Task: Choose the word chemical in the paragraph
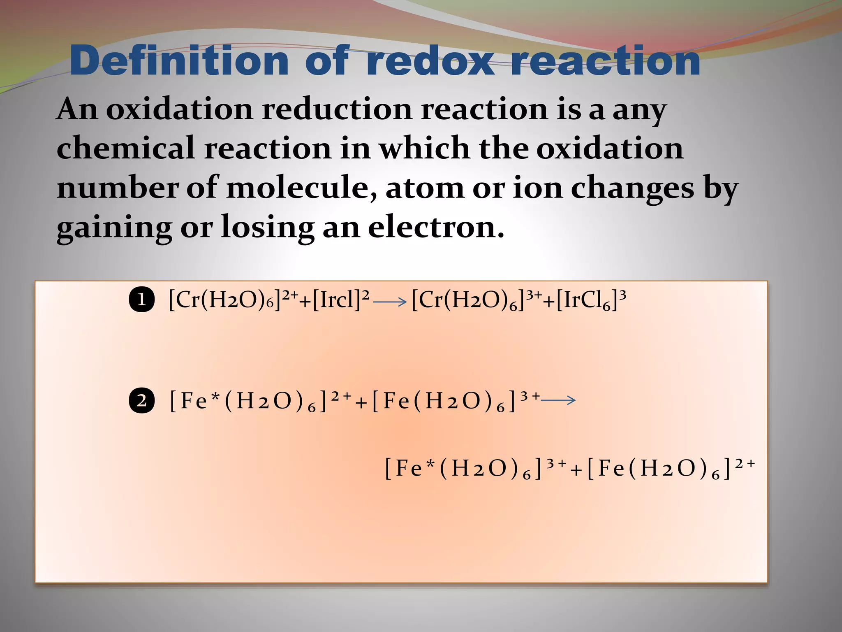point(125,148)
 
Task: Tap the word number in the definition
point(117,188)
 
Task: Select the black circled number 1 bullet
point(141,300)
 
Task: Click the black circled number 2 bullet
point(141,400)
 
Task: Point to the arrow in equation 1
point(390,302)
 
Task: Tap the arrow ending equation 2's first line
point(558,400)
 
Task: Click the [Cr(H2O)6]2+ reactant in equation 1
point(232,300)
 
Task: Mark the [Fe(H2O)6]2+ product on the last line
point(670,469)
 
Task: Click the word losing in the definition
point(267,228)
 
